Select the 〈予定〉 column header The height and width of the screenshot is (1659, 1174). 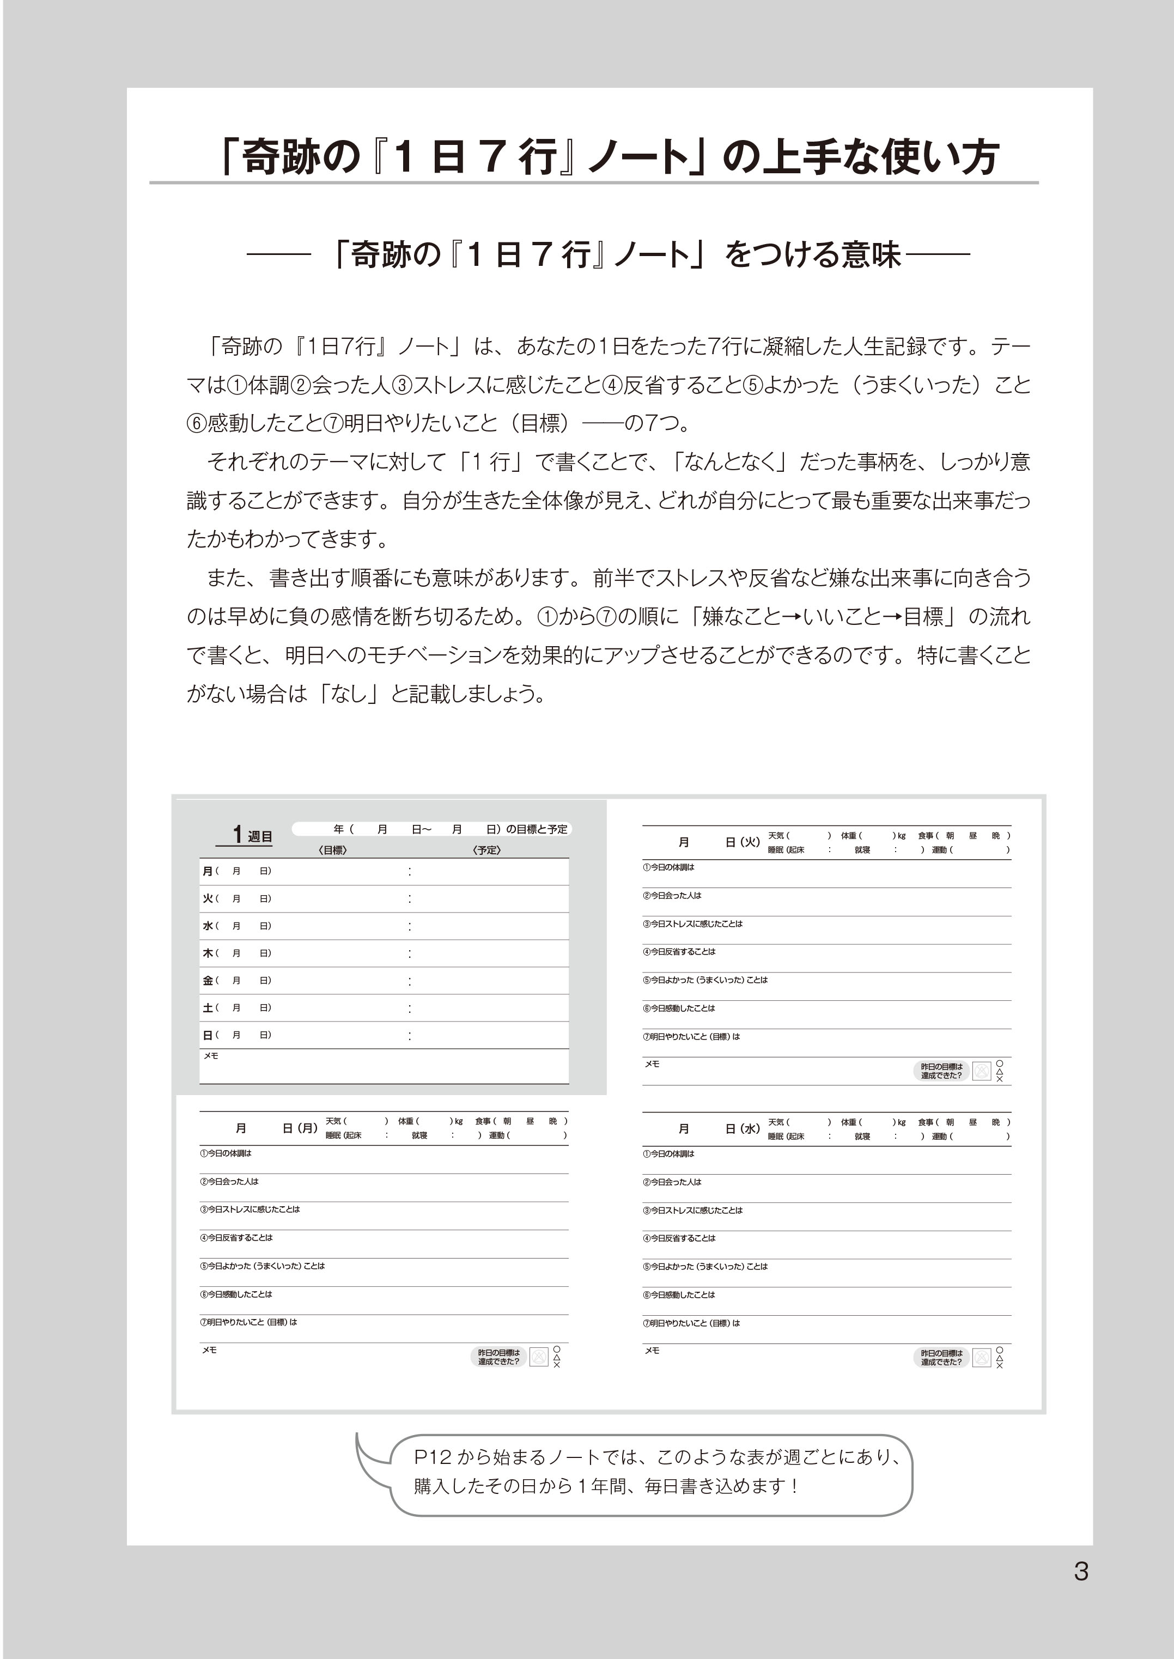[x=486, y=850]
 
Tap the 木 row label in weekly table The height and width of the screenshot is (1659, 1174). [x=208, y=953]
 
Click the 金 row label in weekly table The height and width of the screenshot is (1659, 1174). [x=208, y=981]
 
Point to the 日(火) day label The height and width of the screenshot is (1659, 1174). [x=741, y=842]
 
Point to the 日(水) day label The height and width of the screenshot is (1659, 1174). [x=741, y=1128]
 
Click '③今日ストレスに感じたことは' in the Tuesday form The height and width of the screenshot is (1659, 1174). [x=692, y=924]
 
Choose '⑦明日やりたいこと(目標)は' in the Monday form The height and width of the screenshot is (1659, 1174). [x=248, y=1322]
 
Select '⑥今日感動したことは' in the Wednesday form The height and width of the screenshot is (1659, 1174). [x=679, y=1295]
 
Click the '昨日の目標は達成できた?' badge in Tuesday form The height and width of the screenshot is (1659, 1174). [x=941, y=1071]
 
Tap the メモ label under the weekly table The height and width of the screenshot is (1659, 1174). [x=210, y=1056]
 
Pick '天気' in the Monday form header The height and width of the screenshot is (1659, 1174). [x=333, y=1121]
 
